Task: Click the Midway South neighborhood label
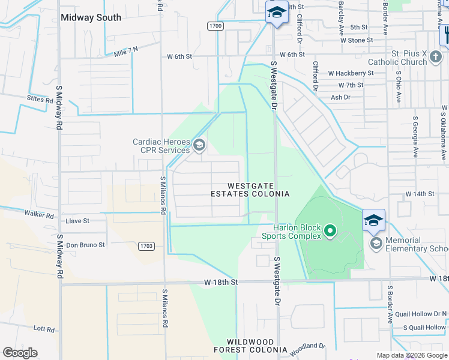91,17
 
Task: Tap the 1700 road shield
215,26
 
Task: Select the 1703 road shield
146,246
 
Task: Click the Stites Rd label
40,98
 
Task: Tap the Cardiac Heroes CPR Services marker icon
199,145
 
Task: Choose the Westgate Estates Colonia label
250,190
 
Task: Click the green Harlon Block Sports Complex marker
330,230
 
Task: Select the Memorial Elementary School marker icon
376,243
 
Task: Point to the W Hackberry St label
351,73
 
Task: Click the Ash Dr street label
340,97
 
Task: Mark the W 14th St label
420,194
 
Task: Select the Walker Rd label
39,214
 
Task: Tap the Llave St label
77,221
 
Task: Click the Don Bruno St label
85,245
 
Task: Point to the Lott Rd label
44,329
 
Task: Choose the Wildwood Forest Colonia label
250,346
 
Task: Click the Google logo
20,353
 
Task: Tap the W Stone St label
357,40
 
